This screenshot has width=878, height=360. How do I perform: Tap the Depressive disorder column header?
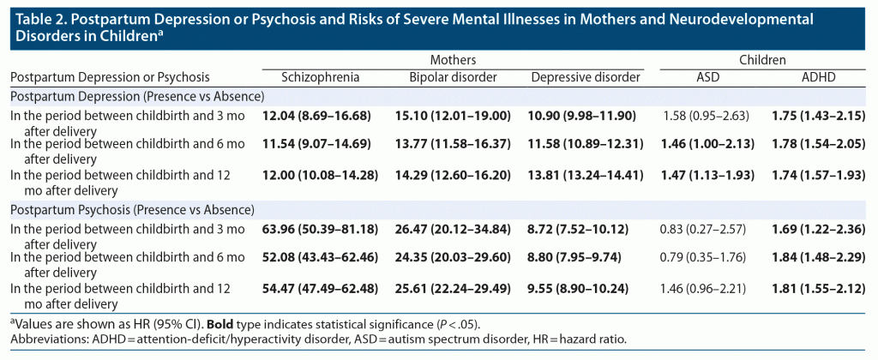(586, 77)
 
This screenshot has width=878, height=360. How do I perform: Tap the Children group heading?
(763, 60)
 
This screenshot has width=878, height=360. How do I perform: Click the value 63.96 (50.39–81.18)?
(321, 229)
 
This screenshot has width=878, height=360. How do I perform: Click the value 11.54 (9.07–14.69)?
(321, 145)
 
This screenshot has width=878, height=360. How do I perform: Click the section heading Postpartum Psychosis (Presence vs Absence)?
(132, 208)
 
